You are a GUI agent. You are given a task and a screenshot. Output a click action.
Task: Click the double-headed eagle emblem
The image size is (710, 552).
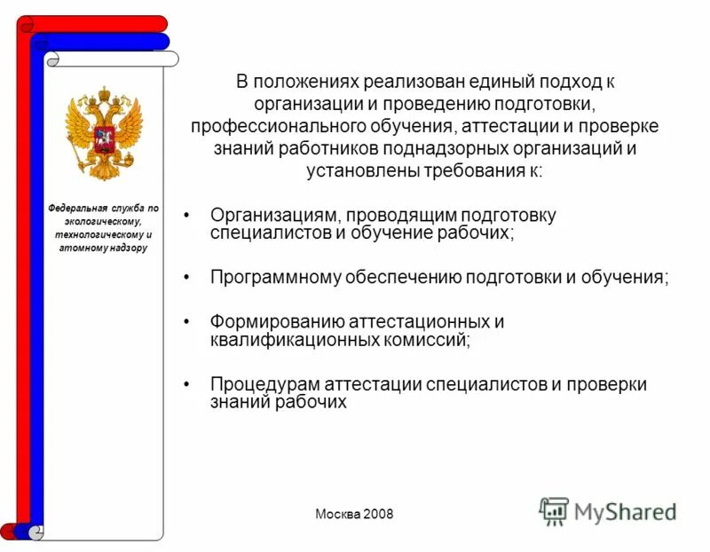click(x=104, y=132)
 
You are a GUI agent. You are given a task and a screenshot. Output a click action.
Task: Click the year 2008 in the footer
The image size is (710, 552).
click(x=376, y=515)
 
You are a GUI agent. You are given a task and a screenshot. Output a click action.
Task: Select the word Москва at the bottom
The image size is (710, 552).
click(x=336, y=515)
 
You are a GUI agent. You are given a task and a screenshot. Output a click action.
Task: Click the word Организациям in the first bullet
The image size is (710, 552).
click(x=275, y=216)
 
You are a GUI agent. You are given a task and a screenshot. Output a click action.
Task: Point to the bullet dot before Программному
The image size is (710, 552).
click(x=186, y=278)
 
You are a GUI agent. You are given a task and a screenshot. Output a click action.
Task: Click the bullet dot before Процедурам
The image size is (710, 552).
click(x=186, y=385)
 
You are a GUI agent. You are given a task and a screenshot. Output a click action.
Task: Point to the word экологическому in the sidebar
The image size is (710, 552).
click(x=104, y=221)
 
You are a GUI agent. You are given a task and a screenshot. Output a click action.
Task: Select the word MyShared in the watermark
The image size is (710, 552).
click(x=626, y=511)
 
